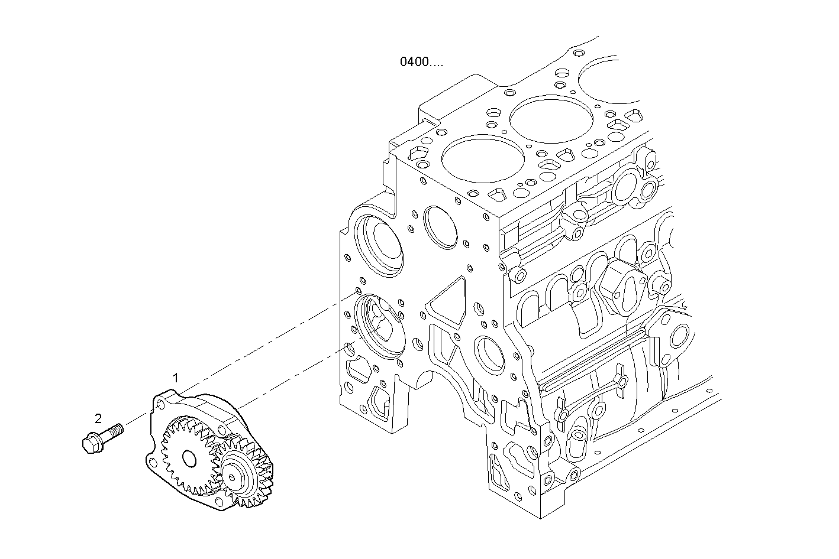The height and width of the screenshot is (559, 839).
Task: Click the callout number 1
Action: [x=175, y=377]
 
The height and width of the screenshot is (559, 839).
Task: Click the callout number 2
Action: [x=98, y=418]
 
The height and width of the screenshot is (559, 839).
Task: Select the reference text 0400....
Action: [x=421, y=61]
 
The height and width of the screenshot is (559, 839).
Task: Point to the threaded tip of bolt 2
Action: [x=118, y=428]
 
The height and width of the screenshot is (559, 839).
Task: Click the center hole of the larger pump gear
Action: [x=189, y=458]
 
